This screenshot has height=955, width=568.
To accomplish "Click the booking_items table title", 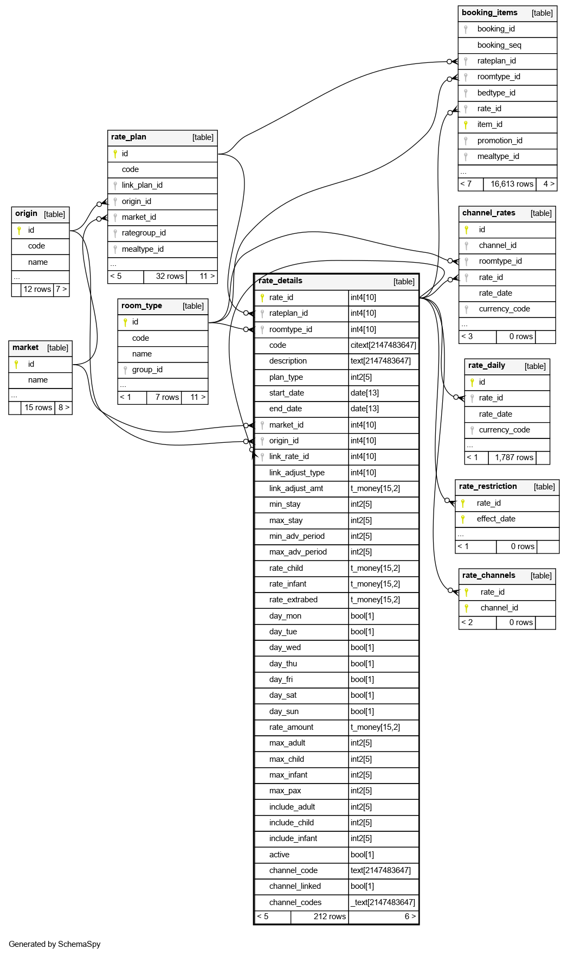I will [489, 12].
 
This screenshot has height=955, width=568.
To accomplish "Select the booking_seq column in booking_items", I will [499, 45].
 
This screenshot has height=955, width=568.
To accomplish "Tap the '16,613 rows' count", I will [512, 184].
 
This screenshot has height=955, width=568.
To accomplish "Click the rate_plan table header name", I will [128, 137].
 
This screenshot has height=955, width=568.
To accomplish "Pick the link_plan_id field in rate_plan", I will [142, 185].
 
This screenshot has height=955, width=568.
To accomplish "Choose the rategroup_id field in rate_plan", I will [144, 233].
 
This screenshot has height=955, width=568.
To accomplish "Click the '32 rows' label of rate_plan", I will [170, 276].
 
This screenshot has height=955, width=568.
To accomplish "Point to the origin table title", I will [26, 213].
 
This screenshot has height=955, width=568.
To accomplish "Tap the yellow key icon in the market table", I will [16, 364].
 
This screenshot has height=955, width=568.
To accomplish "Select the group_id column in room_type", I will [147, 370].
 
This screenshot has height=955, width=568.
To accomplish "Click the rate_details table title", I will [280, 281].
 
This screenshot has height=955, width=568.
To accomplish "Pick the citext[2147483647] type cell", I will [383, 345].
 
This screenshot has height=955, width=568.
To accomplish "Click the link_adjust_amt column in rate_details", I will [296, 488].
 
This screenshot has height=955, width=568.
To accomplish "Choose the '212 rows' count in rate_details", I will [330, 916].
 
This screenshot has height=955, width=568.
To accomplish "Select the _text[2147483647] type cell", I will [383, 902].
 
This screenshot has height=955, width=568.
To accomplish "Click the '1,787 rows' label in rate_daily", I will [514, 457].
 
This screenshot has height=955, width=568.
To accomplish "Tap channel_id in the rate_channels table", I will [499, 608].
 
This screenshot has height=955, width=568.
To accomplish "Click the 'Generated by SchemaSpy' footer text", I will [55, 944].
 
